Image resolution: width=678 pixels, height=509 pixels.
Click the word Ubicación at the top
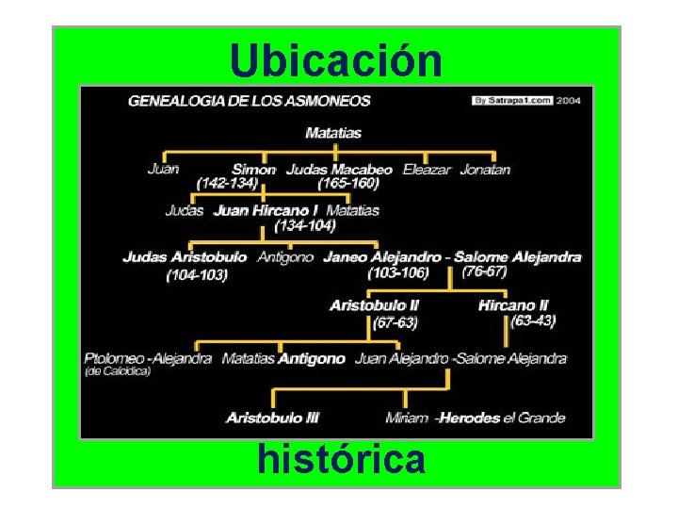[336, 61]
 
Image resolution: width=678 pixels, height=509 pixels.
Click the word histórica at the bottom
[341, 460]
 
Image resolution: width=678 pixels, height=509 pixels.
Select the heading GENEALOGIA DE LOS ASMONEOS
[249, 100]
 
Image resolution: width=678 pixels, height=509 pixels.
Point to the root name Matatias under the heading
[333, 133]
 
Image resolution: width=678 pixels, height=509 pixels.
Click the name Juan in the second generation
[164, 170]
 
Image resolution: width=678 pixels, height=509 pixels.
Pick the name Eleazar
[427, 170]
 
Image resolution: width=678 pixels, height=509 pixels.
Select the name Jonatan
[485, 170]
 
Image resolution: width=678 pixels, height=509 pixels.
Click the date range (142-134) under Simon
[227, 183]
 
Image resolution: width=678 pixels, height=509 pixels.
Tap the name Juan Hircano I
[266, 210]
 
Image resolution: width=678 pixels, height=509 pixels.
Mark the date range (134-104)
[304, 225]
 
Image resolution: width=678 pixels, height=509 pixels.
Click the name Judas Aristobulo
[185, 256]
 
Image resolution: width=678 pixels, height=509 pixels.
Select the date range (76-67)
[485, 271]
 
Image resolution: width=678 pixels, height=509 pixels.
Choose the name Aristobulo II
[374, 305]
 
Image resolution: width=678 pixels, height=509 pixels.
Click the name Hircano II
[512, 305]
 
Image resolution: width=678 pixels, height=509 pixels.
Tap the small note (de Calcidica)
[119, 371]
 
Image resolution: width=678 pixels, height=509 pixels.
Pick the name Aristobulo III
[272, 417]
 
